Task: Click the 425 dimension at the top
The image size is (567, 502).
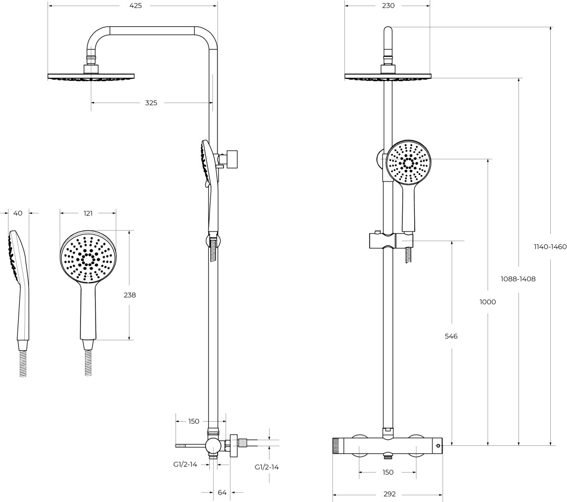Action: (136, 6)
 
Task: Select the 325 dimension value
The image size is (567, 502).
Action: (151, 103)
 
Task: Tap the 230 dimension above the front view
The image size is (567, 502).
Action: (388, 6)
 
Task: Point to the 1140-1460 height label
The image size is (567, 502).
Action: (550, 247)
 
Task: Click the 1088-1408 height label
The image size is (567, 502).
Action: (518, 279)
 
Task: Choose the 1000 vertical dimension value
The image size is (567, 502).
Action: (488, 302)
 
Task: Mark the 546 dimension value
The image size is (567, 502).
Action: (451, 337)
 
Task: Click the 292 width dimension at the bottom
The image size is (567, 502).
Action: (389, 494)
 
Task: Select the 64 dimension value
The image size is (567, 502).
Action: (222, 492)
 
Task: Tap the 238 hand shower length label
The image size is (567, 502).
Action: (130, 295)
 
